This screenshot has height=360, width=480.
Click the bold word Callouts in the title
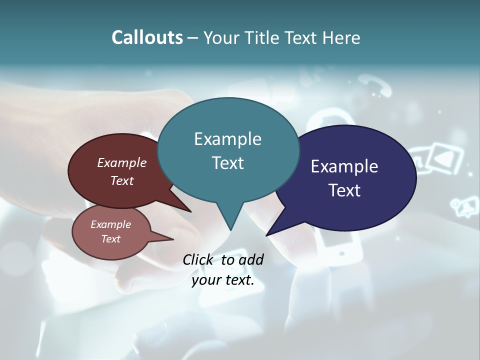[x=147, y=37]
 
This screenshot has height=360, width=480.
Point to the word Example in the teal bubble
[x=227, y=139]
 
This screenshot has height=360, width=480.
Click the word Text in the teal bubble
[x=227, y=163]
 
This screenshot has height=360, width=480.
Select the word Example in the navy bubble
[x=344, y=166]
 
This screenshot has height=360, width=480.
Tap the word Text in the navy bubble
[x=344, y=190]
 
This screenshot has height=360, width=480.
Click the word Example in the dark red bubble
[x=121, y=163]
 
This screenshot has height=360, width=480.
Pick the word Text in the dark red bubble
[x=122, y=181]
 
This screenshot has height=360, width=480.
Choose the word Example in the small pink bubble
[x=110, y=225]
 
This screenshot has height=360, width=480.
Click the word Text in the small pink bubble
[x=110, y=239]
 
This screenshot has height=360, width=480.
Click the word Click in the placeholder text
[x=199, y=259]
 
